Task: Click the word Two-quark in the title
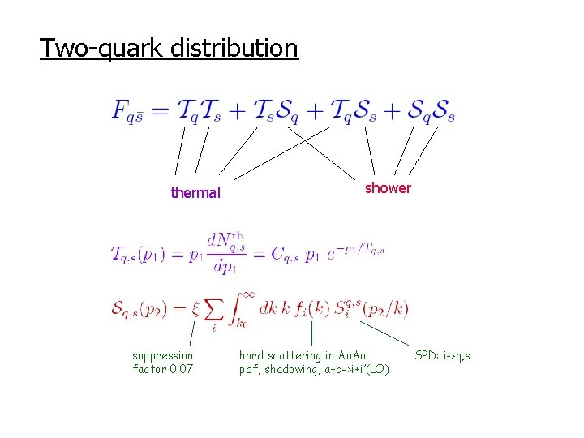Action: (x=102, y=49)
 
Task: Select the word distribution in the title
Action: (x=234, y=49)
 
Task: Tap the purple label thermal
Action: (x=195, y=193)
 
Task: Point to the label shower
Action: (x=388, y=188)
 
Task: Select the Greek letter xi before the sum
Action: (x=195, y=308)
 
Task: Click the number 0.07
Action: (x=180, y=370)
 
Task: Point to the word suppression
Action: (x=163, y=355)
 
